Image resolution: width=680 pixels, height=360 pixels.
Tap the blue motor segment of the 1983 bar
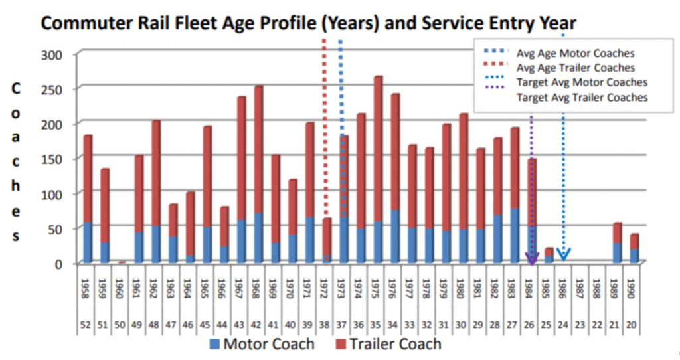point(515,235)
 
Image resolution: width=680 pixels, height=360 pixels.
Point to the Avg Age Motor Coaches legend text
point(575,54)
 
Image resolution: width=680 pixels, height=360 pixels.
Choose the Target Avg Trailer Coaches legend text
point(582,97)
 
